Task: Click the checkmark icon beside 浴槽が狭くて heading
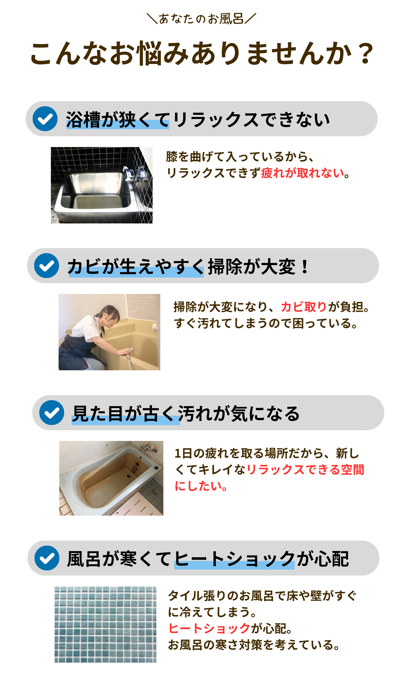tap(45, 119)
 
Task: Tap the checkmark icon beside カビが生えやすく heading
tap(46, 266)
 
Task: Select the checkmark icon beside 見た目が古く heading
tap(52, 412)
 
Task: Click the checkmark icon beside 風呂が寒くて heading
tap(47, 558)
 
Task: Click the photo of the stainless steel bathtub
tap(102, 185)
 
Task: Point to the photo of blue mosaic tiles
tap(105, 625)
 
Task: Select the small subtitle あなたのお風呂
tap(201, 19)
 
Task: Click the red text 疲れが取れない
tap(303, 173)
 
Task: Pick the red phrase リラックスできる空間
tap(305, 469)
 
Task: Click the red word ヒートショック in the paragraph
tap(209, 628)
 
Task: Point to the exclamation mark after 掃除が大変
tap(305, 267)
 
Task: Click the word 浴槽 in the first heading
tap(83, 120)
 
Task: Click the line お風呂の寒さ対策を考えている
tap(254, 645)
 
